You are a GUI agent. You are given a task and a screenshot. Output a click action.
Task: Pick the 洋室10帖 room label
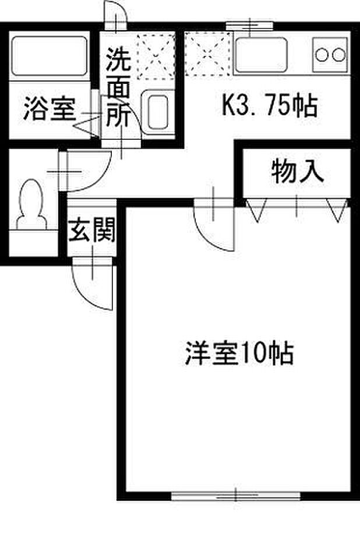pos(239,352)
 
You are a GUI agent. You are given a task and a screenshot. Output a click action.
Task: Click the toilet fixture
pos(29,207)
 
